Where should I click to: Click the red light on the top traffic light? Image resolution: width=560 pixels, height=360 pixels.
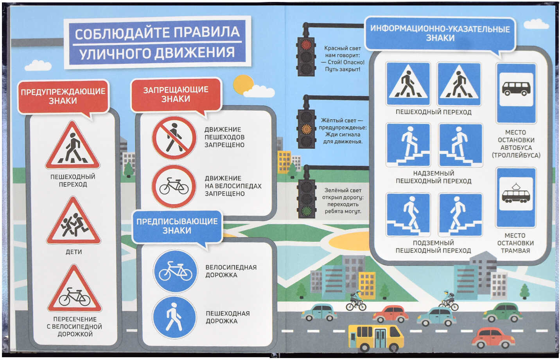(306, 45)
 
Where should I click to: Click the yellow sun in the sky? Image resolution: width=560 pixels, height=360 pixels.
(243, 84)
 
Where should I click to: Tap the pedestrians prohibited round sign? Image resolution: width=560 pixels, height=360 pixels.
(174, 138)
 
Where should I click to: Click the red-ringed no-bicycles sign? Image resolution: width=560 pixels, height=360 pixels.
(174, 186)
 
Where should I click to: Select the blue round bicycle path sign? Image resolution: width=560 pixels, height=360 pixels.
(175, 271)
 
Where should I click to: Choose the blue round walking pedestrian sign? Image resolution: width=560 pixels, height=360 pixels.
(174, 317)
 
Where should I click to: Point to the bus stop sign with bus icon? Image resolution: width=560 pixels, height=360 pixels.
(516, 93)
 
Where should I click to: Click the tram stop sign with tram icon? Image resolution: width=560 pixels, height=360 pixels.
(516, 197)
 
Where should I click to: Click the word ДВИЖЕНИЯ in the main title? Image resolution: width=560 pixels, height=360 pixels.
(195, 53)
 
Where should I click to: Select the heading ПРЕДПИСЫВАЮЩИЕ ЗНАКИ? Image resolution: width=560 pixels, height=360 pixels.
(177, 226)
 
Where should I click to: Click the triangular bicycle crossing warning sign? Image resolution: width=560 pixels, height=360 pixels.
(75, 289)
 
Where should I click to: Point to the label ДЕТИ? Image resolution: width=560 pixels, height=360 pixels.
(74, 252)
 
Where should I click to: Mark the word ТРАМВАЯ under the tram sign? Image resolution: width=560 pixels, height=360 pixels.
(515, 250)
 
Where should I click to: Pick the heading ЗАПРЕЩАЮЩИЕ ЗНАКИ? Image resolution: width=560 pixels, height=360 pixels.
(176, 94)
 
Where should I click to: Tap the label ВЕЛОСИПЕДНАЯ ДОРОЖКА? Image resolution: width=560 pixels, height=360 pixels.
(231, 271)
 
